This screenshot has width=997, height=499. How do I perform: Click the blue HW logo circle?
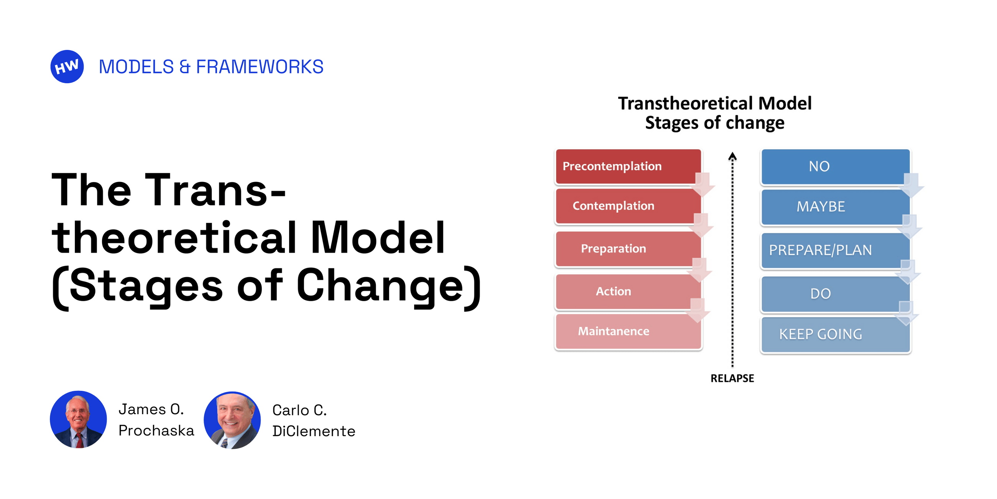[67, 67]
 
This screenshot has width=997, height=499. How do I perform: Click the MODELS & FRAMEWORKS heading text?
[211, 67]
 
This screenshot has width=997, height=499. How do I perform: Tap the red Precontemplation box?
[628, 166]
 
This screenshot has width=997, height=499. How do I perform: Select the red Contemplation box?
[628, 206]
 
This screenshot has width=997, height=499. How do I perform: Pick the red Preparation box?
[628, 249]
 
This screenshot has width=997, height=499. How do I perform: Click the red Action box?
[628, 291]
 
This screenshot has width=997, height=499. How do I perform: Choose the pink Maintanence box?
[628, 332]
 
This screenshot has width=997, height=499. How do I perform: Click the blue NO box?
[835, 167]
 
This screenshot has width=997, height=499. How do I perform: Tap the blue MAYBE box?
[835, 207]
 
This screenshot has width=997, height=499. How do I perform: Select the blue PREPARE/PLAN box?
[835, 250]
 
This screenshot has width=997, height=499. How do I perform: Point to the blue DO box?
[835, 294]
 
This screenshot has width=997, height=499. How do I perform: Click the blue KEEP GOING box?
[835, 334]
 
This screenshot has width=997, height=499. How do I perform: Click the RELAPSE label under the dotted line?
[732, 378]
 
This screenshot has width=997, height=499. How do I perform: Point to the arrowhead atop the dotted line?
[732, 156]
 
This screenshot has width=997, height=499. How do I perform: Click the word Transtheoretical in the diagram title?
[685, 104]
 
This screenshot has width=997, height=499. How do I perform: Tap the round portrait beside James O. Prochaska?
[79, 420]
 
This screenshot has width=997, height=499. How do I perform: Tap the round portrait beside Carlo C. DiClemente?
[232, 420]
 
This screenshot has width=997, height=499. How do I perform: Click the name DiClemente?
[314, 431]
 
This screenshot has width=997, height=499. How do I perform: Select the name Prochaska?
[156, 431]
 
